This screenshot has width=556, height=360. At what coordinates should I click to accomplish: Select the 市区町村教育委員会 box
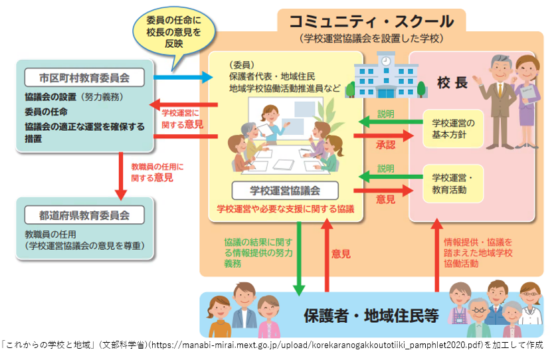84,78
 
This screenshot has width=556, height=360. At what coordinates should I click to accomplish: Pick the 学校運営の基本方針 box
454,128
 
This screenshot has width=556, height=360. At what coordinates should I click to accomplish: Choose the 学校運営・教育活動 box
454,183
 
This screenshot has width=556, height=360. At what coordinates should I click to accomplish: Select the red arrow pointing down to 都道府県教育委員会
121,176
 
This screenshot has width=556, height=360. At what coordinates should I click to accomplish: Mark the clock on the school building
385,60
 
